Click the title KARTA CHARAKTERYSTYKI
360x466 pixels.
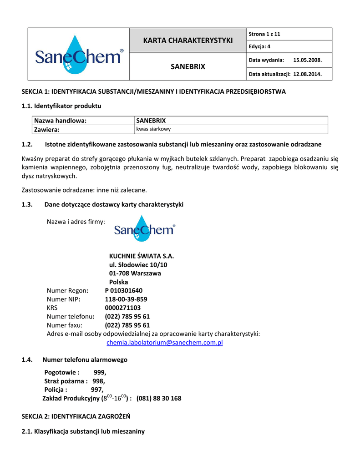coord(188,41)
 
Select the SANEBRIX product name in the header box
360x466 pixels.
coord(188,66)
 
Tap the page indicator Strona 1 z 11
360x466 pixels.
coord(264,34)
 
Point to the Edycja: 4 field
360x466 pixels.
coord(260,46)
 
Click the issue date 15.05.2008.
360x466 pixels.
coord(308,60)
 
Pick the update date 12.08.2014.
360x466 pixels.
coord(307,74)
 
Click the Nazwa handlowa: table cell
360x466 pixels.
coord(60,121)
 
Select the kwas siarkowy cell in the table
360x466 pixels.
coord(153,129)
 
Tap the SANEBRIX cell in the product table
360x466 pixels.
coord(151,121)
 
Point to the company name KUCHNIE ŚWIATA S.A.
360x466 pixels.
coord(142,256)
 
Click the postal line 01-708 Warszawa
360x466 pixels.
coord(135,274)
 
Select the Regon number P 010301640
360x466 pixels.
coord(123,290)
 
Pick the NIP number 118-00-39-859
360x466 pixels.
coord(126,299)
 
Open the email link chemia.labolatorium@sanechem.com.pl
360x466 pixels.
coord(164,342)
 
